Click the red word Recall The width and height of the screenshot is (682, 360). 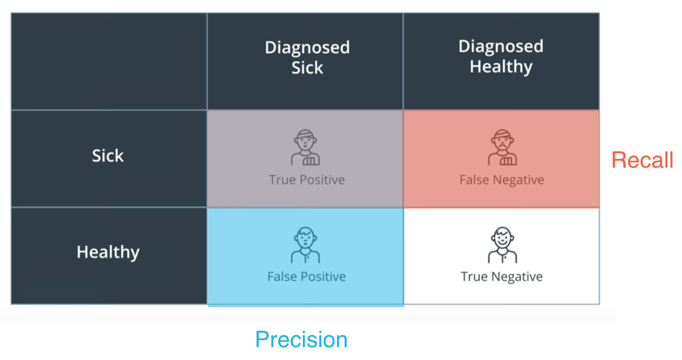click(642, 160)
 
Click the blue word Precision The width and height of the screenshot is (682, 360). click(301, 340)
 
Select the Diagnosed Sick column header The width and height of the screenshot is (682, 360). click(307, 57)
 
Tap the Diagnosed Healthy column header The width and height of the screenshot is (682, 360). click(501, 57)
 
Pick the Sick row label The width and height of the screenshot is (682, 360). click(108, 155)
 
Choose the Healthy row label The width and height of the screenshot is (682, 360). click(108, 252)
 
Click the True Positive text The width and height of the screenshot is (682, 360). click(307, 180)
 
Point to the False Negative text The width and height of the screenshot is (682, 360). click(501, 180)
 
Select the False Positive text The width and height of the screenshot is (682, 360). click(306, 276)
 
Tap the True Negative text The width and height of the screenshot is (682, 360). click(501, 276)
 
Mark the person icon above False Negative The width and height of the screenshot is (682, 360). click(501, 148)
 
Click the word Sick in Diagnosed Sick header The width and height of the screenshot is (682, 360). click(307, 68)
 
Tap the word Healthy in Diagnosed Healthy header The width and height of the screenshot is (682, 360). click(501, 67)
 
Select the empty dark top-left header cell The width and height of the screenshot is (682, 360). click(109, 61)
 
